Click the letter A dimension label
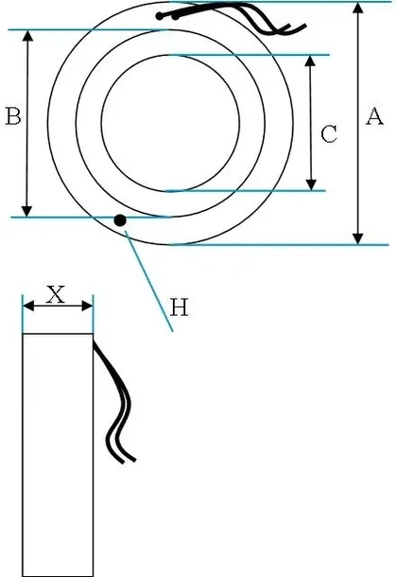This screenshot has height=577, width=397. tap(374, 116)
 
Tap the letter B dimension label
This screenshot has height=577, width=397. tap(13, 116)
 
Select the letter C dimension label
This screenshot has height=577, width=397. tap(329, 134)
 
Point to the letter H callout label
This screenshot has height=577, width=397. tap(180, 307)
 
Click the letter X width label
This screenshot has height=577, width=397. tap(56, 294)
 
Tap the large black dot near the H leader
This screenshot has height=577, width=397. tap(120, 220)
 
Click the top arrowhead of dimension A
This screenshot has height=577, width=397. tap(358, 9)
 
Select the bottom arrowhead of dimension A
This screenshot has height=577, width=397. tap(358, 238)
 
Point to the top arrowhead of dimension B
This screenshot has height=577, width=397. tap(28, 36)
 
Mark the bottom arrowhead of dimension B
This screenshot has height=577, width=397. tap(26, 211)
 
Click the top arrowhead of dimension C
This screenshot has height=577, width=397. tap(311, 61)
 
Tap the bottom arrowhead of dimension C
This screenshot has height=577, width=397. tap(311, 184)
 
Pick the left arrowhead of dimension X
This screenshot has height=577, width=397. tap(28, 306)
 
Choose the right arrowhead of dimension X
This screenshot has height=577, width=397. tap(87, 306)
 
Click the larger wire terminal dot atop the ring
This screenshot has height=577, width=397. tap(160, 16)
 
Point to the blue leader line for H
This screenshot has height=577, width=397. tap(148, 281)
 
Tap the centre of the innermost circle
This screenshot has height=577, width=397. tap(170, 123)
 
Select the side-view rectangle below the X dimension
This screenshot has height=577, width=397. tap(58, 455)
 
